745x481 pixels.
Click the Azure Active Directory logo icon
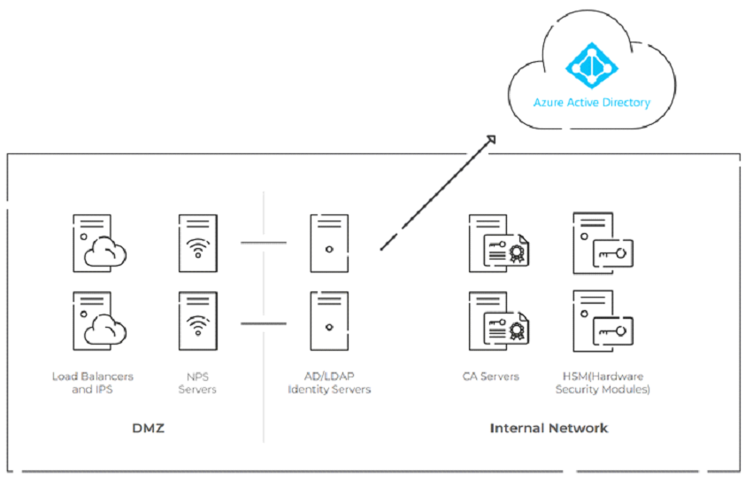[x=591, y=62]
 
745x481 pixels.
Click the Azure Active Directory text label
[x=591, y=103]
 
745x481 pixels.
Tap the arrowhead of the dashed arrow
[x=489, y=139]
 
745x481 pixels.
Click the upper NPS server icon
[x=197, y=242]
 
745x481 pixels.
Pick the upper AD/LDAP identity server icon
[x=328, y=242]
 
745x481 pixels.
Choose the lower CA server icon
[x=495, y=322]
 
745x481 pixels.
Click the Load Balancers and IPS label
[x=93, y=383]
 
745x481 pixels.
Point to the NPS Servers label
[x=197, y=383]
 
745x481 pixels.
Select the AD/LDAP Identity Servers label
[x=329, y=383]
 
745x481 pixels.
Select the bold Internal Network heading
[x=549, y=428]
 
